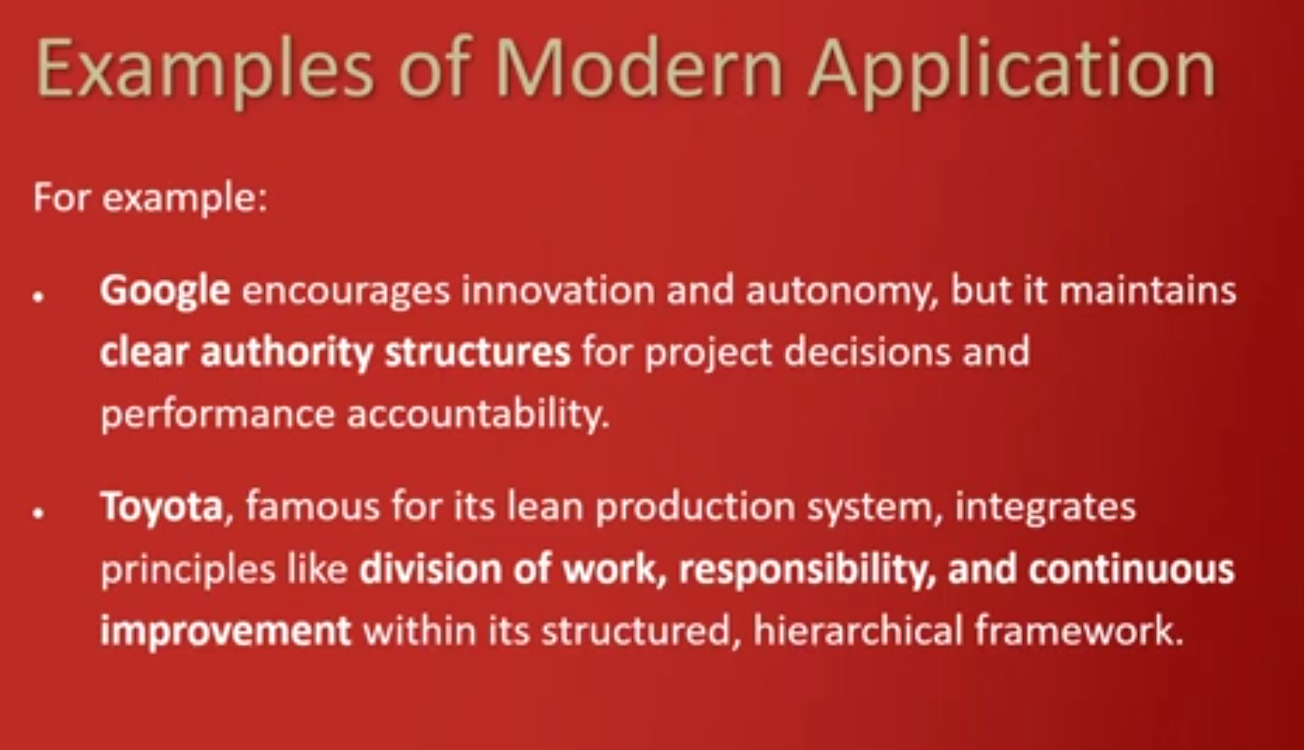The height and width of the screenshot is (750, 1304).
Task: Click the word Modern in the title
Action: pos(639,68)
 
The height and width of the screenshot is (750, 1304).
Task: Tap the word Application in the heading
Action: pos(1012,73)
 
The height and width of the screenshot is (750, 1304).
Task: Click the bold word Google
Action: pos(165,291)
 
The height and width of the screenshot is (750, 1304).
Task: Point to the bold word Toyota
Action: pos(162,507)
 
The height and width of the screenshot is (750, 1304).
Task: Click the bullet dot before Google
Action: pos(39,297)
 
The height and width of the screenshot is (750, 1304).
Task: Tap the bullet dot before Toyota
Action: pos(39,512)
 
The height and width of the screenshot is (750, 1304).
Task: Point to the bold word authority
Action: pos(287,353)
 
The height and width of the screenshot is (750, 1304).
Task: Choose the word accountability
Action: pos(479,416)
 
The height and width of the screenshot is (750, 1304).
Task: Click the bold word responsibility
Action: pos(808,571)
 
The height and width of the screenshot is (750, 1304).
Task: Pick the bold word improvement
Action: pos(226,632)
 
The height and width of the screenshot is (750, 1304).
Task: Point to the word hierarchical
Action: pos(858,630)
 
